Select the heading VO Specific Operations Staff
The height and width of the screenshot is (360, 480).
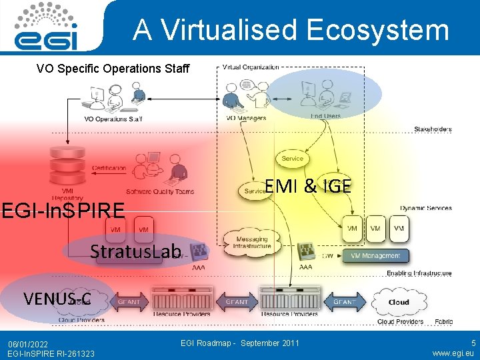pos(113,69)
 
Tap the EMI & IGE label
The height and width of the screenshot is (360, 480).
pos(307,186)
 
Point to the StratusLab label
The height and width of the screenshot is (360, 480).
pos(136,251)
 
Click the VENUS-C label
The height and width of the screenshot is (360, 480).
pos(57,297)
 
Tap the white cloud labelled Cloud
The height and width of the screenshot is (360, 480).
pos(399,302)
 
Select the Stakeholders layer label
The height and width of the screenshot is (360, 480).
pos(433,129)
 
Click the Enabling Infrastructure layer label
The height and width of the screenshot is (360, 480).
pos(419,273)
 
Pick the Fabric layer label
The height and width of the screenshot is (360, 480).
pos(444,321)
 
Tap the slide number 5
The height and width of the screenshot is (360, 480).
pos(473,343)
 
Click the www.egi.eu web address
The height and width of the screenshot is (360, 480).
pos(453,353)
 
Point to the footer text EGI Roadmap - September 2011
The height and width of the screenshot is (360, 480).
pos(240,343)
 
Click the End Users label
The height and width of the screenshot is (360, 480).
pos(326,116)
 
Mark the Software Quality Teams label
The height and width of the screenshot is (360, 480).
pos(160,191)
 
